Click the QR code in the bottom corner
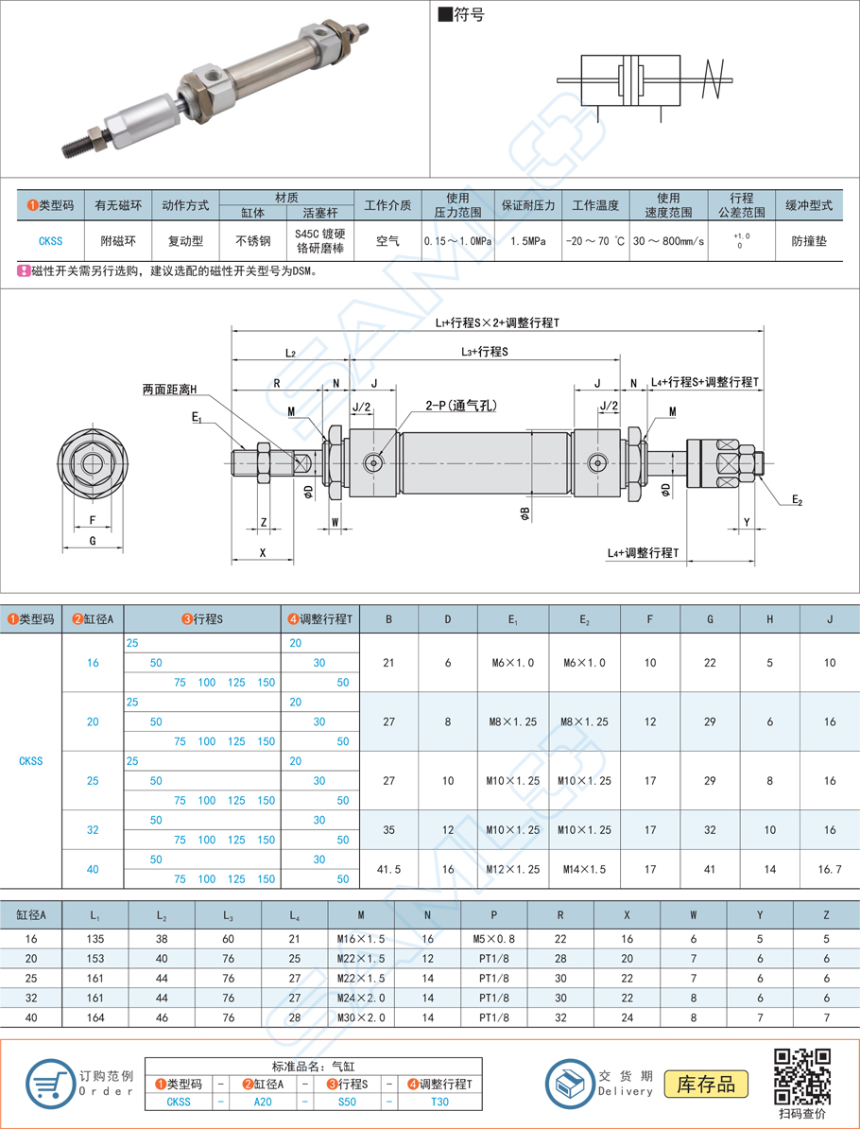[802, 1076]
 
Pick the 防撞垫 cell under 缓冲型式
[809, 241]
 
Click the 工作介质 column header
[387, 205]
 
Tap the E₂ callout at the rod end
[797, 499]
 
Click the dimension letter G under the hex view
[93, 540]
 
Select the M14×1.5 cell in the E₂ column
[584, 869]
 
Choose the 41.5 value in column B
[388, 869]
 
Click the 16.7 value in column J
[829, 869]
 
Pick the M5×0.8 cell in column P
[492, 939]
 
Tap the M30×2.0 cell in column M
[360, 1017]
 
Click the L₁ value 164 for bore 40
[95, 1017]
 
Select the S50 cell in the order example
[345, 1102]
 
